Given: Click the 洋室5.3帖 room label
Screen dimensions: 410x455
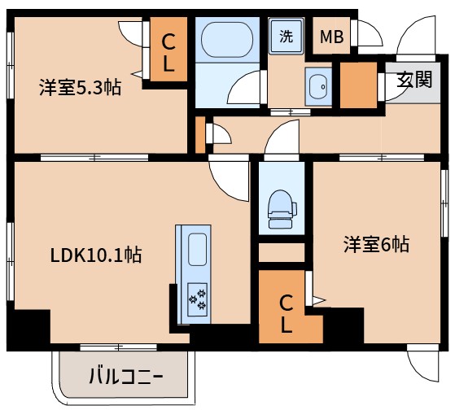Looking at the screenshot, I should [80, 87].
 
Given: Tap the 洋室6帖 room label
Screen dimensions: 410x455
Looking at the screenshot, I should [375, 244].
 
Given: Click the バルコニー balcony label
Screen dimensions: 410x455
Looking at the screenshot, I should [125, 377].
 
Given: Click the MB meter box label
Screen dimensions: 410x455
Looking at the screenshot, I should [330, 37].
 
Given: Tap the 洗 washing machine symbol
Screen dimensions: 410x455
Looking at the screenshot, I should [287, 36].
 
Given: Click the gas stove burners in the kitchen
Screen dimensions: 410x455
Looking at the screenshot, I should [198, 299].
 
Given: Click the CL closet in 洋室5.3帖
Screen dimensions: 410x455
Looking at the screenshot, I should [168, 53].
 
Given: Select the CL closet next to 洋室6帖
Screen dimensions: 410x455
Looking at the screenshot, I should [286, 313].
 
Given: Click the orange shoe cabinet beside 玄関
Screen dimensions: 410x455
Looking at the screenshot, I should [356, 85].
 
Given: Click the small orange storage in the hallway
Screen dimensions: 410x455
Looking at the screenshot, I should [199, 134].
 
